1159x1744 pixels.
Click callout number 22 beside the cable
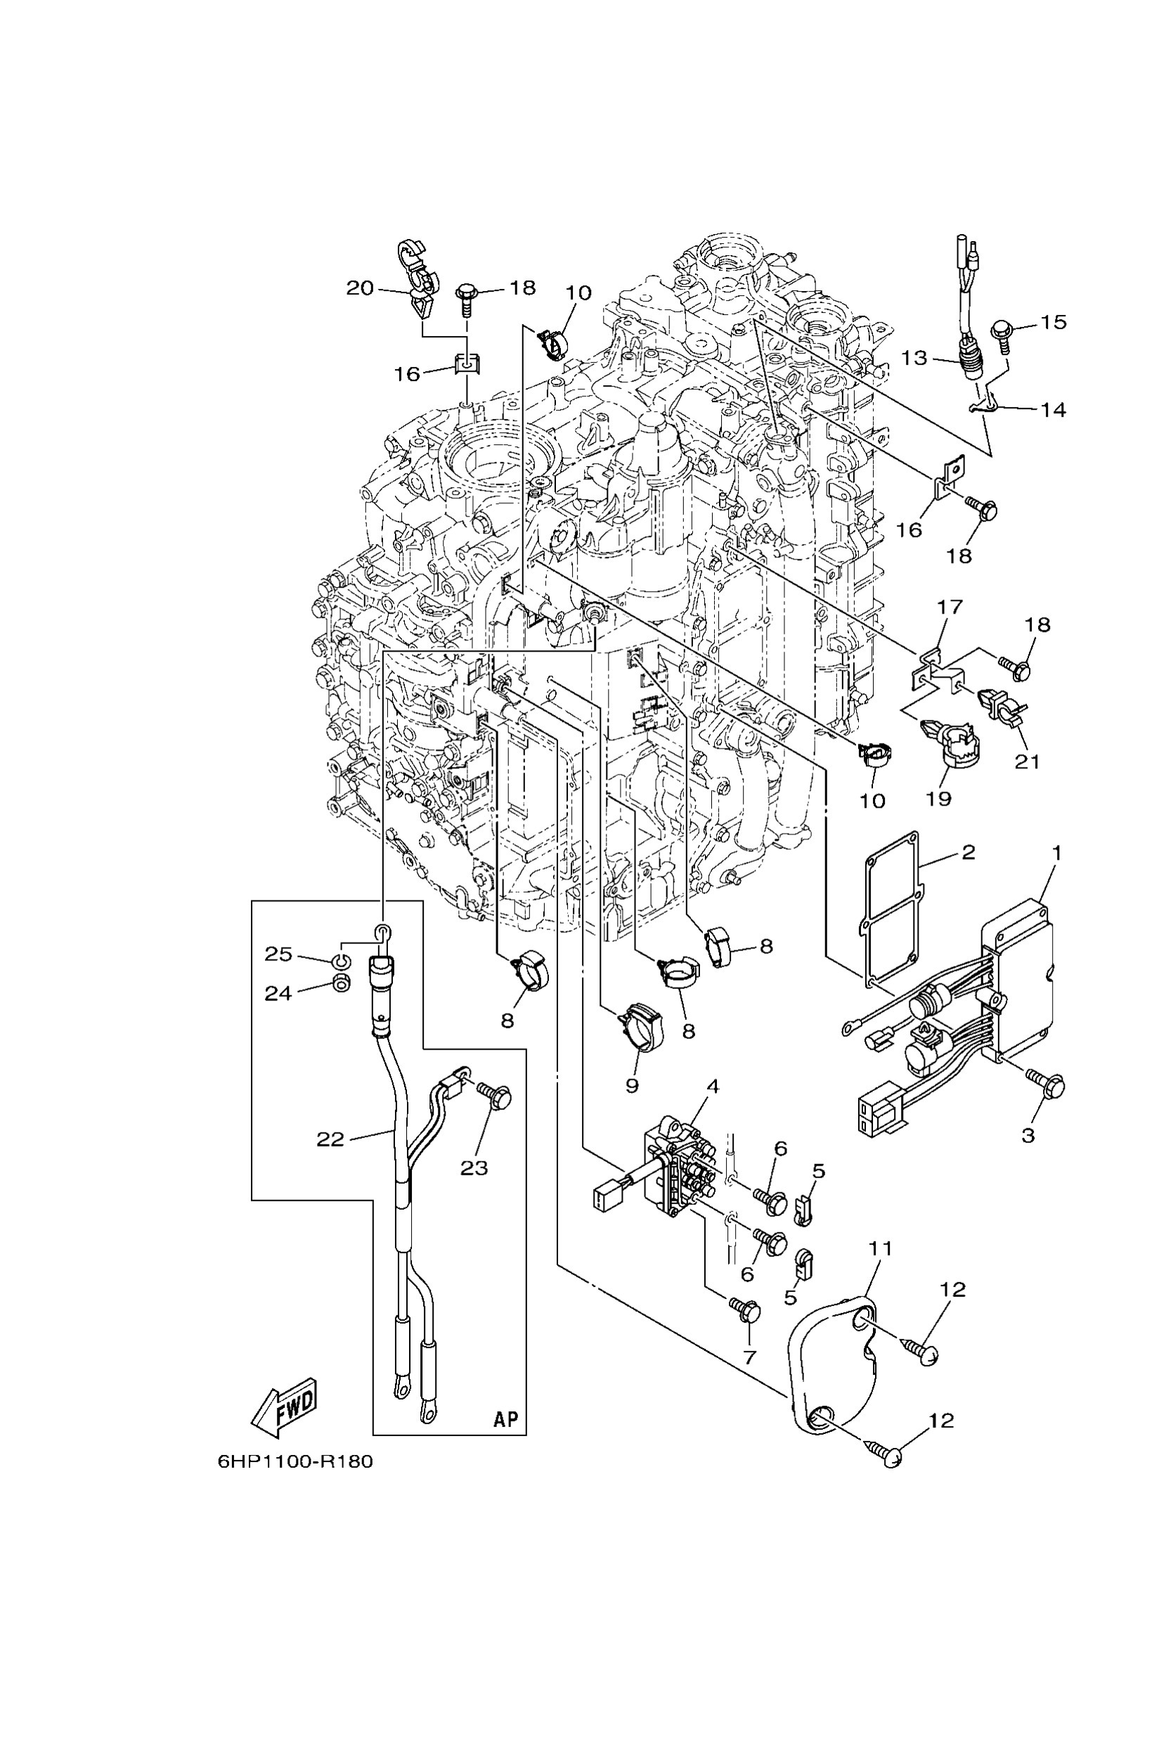pos(330,1139)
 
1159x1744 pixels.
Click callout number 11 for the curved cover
pos(881,1248)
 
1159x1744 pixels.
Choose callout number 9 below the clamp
pos(631,1085)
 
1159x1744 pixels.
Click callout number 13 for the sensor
pos(914,358)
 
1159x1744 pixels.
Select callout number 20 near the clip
pos(360,288)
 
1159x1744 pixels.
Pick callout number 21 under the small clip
pos(1027,761)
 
